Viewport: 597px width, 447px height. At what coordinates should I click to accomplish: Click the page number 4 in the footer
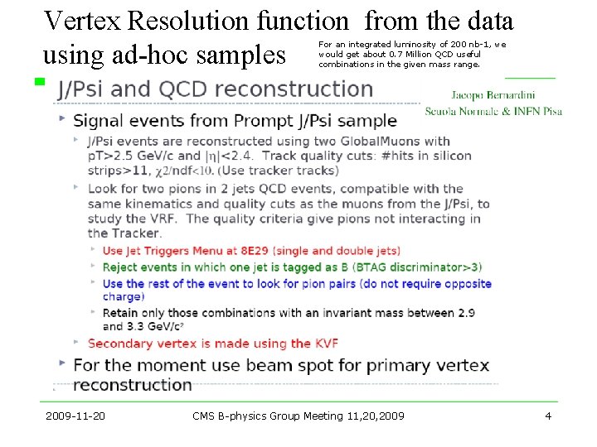coord(548,416)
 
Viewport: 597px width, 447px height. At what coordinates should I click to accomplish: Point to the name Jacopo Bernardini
coord(494,95)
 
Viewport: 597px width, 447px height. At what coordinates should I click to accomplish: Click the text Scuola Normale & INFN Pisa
coord(493,111)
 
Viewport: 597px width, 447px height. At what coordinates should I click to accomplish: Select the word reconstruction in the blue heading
coord(303,89)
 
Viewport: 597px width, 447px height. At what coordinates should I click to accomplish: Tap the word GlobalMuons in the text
coord(384,141)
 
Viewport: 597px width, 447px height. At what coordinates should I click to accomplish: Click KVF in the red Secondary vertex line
coord(326,343)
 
